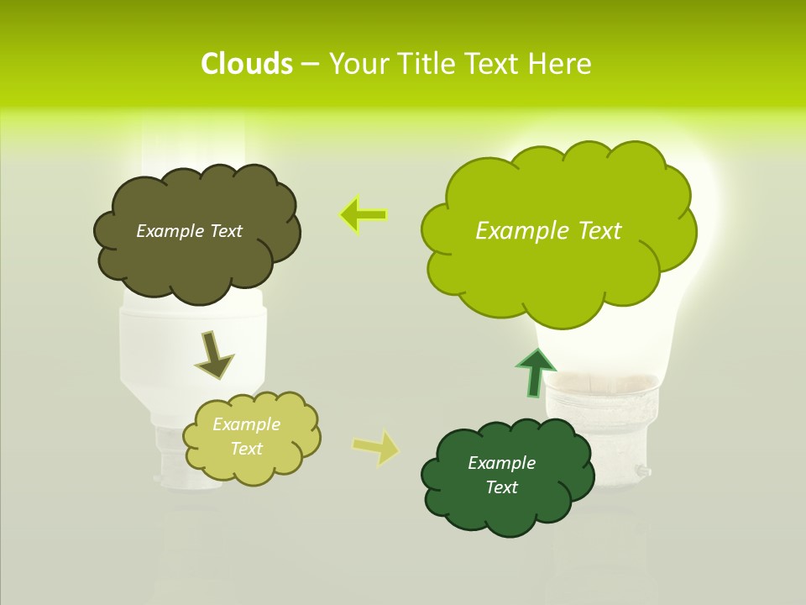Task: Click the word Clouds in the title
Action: click(x=246, y=64)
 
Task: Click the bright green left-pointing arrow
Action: click(x=363, y=215)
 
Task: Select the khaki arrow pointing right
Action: click(x=376, y=448)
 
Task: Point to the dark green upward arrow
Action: click(x=535, y=371)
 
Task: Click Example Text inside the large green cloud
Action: click(x=548, y=230)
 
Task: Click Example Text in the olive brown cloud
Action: click(x=189, y=231)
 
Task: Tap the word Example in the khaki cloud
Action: click(x=246, y=424)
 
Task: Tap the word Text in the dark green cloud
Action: click(x=501, y=487)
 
